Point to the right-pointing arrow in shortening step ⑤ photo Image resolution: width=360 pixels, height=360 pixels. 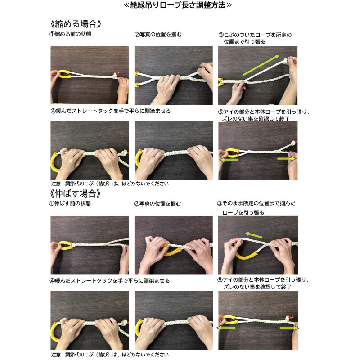[286, 159]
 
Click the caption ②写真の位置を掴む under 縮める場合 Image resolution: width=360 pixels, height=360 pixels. [157, 34]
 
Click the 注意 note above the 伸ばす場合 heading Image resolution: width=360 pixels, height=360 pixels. [110, 184]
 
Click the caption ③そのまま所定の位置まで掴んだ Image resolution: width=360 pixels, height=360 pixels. [256, 203]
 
